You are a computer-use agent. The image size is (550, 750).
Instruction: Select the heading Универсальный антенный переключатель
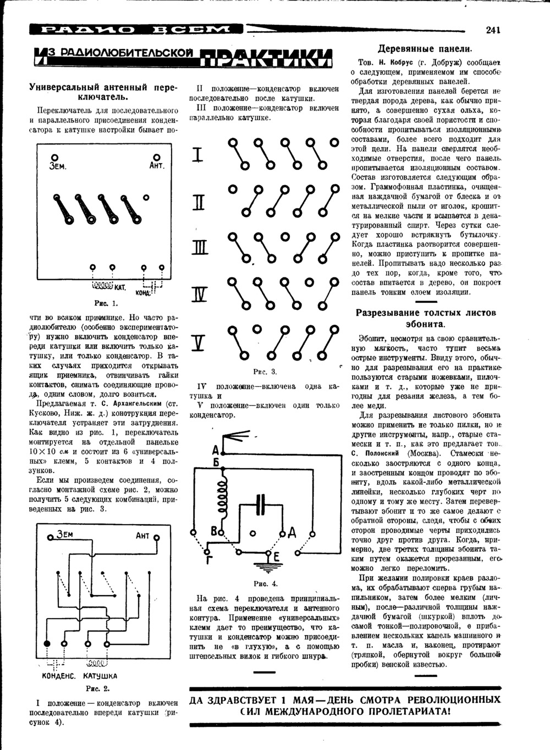coord(104,92)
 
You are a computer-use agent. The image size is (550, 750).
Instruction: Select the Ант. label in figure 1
coord(156,166)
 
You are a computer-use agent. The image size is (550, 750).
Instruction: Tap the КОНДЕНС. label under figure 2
coord(59,676)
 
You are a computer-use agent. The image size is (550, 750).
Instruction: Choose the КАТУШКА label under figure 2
coord(100,676)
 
